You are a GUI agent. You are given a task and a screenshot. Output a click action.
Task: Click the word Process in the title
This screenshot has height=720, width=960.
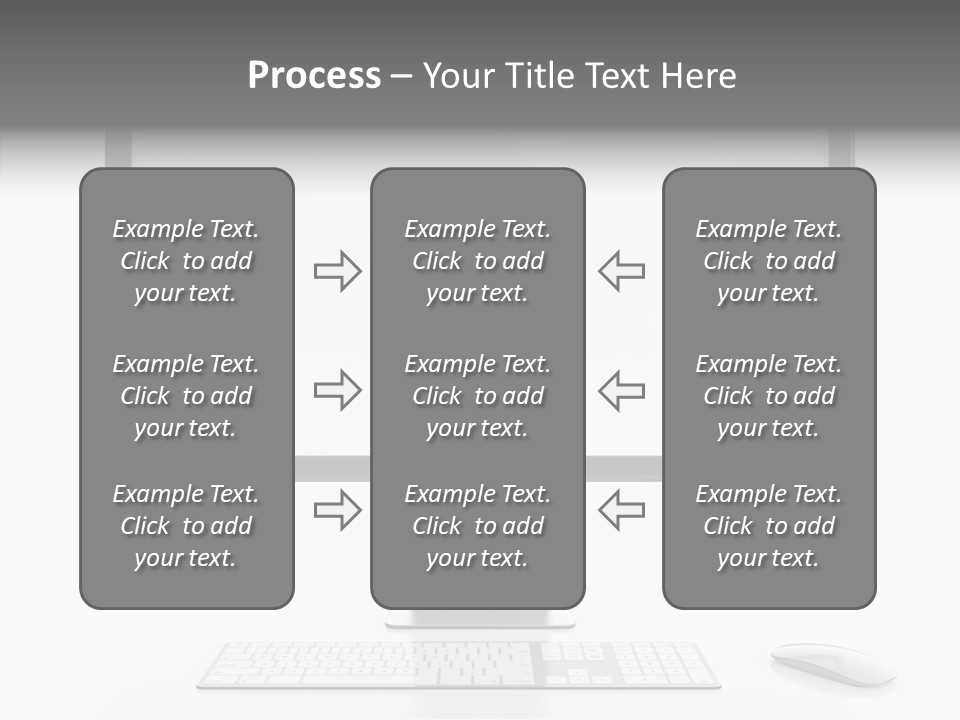point(314,76)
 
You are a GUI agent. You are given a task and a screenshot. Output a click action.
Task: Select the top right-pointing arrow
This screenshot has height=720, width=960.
point(337,271)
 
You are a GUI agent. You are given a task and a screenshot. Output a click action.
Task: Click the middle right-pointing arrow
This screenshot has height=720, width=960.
point(337,390)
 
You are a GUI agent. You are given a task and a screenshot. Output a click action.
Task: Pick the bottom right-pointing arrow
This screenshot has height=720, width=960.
point(337,510)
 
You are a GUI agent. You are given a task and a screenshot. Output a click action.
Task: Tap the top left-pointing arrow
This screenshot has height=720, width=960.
point(621,271)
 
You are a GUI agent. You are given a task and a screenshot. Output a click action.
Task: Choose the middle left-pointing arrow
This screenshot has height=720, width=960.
point(621,390)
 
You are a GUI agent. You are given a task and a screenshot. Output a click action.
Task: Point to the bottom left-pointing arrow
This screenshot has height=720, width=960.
point(621,510)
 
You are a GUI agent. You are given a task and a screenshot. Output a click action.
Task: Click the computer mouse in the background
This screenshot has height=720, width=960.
point(832,663)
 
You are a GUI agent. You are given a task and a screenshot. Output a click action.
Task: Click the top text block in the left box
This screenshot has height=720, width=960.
point(186,261)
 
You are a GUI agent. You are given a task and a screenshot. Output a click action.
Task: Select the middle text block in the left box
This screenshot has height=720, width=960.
point(186,396)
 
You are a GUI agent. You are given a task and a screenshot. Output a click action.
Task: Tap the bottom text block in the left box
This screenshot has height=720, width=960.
point(186,526)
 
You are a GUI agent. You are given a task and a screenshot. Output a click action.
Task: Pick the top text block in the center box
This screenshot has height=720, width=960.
point(477,261)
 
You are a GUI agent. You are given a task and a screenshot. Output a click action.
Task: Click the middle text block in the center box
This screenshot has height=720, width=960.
point(477,396)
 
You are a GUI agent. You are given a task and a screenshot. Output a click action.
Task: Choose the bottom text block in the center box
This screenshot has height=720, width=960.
point(477,526)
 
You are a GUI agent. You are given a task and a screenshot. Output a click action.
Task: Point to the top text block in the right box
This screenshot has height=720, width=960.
point(769,261)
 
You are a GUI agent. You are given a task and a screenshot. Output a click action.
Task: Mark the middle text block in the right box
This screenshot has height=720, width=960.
point(769,396)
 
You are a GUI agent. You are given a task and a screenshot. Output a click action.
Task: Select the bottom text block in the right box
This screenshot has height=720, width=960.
point(769,526)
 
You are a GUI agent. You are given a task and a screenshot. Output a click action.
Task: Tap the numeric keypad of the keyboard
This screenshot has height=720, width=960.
point(664,664)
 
